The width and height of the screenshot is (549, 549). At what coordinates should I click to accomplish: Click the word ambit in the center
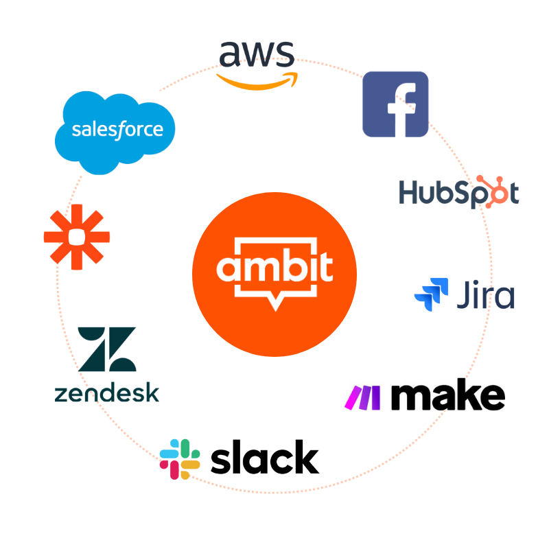[x=274, y=268]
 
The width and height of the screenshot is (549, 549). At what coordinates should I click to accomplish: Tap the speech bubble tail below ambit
[x=274, y=303]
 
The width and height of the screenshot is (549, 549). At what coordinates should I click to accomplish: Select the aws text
[x=257, y=54]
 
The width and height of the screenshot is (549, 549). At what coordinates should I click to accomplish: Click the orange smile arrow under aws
[x=257, y=80]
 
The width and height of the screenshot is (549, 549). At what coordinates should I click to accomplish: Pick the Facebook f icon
[x=396, y=104]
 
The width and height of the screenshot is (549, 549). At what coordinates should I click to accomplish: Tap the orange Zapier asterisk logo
[x=76, y=237]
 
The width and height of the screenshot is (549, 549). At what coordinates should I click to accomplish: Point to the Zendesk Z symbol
[x=106, y=349]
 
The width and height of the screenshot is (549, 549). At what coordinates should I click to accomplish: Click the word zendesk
[x=106, y=393]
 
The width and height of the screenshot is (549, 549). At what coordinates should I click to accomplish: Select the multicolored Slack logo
[x=180, y=459]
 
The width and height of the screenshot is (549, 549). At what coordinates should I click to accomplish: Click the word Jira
[x=485, y=294]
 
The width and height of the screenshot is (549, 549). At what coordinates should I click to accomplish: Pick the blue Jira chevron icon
[x=432, y=293]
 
